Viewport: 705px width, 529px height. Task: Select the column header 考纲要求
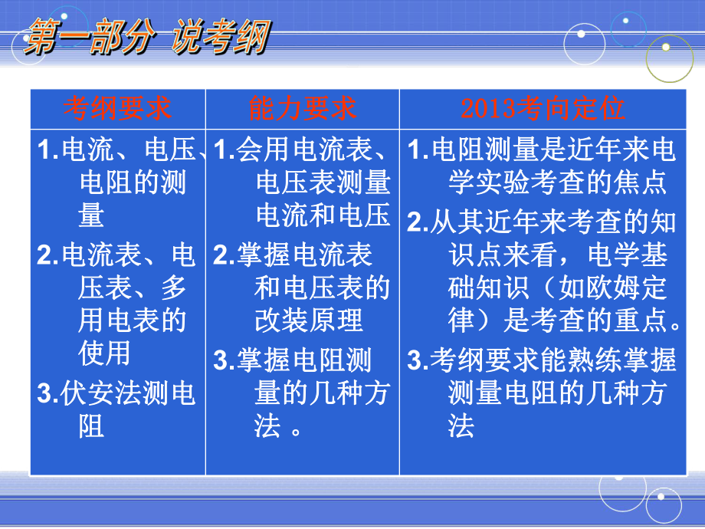(x=116, y=109)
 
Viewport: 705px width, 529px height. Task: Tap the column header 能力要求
(x=302, y=109)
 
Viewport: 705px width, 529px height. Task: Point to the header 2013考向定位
(x=543, y=109)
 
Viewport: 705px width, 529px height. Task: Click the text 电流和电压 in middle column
(x=323, y=215)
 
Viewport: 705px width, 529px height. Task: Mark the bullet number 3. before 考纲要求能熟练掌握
(x=417, y=360)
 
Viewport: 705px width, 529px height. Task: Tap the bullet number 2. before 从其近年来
(x=417, y=222)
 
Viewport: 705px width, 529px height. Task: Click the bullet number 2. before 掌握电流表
(x=224, y=255)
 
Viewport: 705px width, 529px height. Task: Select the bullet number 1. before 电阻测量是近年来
(x=418, y=149)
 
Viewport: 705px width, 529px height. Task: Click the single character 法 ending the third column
(x=461, y=426)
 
